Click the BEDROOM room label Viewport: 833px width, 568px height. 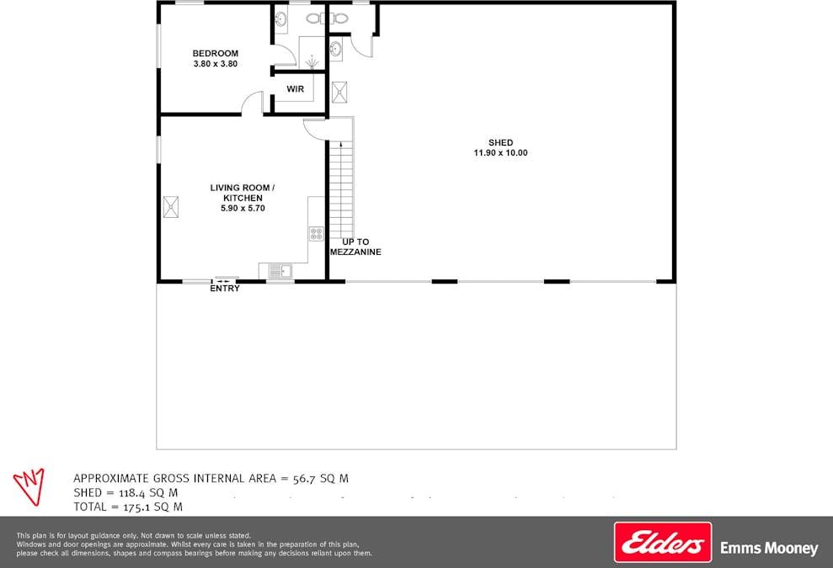[216, 54]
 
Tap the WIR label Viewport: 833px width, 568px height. [295, 89]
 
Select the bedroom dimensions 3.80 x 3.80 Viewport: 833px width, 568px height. [216, 64]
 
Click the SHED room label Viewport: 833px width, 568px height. [500, 143]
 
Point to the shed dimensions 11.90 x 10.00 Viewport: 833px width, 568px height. [500, 153]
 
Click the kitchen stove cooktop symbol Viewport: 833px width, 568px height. [316, 233]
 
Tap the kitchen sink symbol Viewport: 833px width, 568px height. [279, 270]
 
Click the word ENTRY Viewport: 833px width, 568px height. [225, 289]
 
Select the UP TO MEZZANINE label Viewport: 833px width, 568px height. [355, 247]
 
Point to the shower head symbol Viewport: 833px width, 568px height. [312, 61]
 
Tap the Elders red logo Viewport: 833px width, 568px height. [662, 543]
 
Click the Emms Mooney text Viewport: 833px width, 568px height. [768, 549]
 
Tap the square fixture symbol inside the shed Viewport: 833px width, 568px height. [340, 92]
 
